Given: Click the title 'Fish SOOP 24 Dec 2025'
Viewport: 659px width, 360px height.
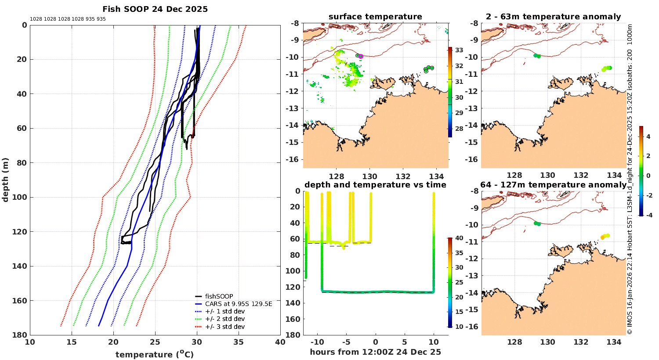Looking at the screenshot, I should tap(155, 9).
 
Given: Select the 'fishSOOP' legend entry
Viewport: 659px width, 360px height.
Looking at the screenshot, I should tap(219, 296).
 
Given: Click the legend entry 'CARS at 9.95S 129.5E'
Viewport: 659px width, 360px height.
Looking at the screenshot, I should tap(239, 304).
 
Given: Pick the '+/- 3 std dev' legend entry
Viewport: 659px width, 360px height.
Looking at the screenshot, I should tap(224, 327).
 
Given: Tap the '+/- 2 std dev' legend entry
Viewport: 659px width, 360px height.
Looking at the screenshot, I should tap(224, 319).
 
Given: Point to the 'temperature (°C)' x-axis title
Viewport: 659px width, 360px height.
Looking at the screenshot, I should tap(155, 354).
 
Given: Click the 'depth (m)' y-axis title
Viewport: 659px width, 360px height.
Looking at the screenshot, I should tap(6, 180).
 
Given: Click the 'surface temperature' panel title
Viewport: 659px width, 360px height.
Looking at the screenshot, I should tap(375, 17).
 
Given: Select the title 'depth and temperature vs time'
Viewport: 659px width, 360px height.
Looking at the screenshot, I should tap(375, 185).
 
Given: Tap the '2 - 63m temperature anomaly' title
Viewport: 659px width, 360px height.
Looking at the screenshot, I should tap(553, 17).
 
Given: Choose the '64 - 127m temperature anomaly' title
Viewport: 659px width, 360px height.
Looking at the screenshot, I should tap(553, 185).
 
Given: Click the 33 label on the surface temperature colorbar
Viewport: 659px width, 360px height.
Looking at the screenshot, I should tap(459, 50).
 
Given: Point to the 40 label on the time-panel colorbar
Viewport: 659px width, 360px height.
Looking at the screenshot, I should tap(459, 238).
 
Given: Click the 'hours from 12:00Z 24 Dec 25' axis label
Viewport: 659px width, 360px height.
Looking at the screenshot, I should tap(375, 352).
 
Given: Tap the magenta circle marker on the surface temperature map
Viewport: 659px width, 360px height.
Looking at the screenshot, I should tap(361, 56).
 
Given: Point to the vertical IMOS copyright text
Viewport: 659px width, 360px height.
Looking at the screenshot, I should tap(630, 180).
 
